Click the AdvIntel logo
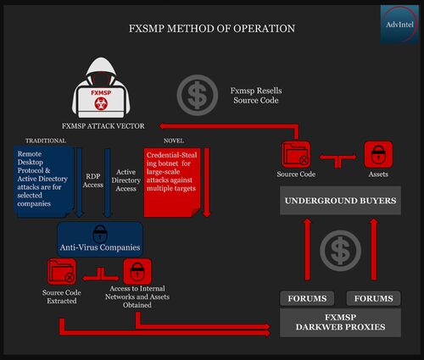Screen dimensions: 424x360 coord(399,25)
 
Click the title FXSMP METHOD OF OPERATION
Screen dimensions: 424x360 coord(212,29)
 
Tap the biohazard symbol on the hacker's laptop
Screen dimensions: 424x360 coord(101,103)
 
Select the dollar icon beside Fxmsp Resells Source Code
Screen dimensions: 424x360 coord(198,95)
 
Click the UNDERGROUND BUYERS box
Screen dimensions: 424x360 coord(340,201)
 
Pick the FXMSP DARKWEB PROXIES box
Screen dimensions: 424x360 coord(340,323)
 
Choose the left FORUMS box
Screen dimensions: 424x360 coord(307,298)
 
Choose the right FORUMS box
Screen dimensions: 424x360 coord(373,298)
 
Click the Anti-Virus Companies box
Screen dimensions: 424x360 coord(100,240)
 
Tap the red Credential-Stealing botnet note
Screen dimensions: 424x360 coord(172,182)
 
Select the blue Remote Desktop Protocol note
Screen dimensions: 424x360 coord(43,181)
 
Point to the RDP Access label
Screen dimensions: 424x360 coord(93,180)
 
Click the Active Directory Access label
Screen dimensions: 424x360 coord(126,180)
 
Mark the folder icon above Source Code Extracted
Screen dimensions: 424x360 coord(62,272)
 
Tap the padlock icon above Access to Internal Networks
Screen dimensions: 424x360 coord(137,272)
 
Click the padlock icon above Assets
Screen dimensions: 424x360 coord(378,155)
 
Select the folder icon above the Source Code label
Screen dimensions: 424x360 coord(296,155)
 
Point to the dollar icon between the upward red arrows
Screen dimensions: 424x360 coord(340,251)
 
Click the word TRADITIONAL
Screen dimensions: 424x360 coord(46,141)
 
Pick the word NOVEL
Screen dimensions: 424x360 coord(174,141)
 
